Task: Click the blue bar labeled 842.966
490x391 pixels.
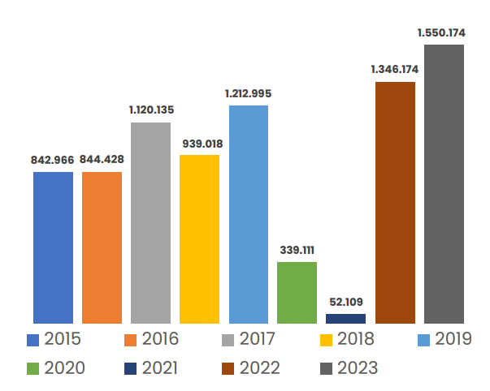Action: point(53,247)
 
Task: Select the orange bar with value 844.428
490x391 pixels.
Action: point(102,247)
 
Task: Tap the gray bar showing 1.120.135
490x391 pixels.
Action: point(150,223)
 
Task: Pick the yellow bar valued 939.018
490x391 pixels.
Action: point(199,239)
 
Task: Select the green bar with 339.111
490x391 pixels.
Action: point(297,293)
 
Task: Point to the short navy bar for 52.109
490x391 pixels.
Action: point(345,319)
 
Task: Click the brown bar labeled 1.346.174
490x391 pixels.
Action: point(395,203)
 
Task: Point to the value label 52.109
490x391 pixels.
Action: point(345,302)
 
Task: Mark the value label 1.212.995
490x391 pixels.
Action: point(248,94)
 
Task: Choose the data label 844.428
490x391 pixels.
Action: point(102,160)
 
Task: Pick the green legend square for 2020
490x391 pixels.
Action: point(33,368)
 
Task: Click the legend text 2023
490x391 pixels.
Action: point(358,368)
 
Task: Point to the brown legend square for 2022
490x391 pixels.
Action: point(228,368)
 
